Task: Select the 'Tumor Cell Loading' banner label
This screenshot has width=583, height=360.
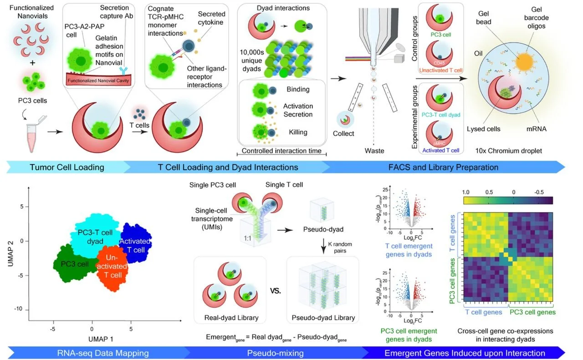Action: pyautogui.click(x=67, y=167)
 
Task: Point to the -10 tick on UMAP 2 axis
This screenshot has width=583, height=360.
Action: pyautogui.click(x=18, y=309)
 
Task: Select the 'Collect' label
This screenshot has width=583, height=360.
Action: pyautogui.click(x=343, y=133)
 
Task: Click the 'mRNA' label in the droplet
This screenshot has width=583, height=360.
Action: pyautogui.click(x=536, y=129)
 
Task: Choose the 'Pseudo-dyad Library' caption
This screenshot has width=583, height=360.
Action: pyautogui.click(x=323, y=318)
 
